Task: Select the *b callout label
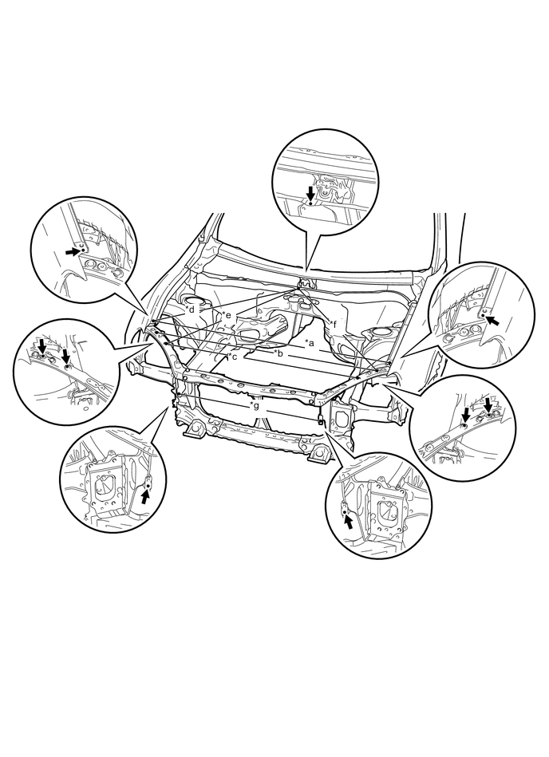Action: pos(277,352)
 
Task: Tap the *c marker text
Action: pos(232,357)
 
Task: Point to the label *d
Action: pos(189,308)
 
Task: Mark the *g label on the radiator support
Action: pos(254,405)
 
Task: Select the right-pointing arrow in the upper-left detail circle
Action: pos(73,251)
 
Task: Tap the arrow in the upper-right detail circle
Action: pos(495,321)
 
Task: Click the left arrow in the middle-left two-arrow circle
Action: pos(41,344)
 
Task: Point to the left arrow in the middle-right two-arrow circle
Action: pos(467,413)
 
